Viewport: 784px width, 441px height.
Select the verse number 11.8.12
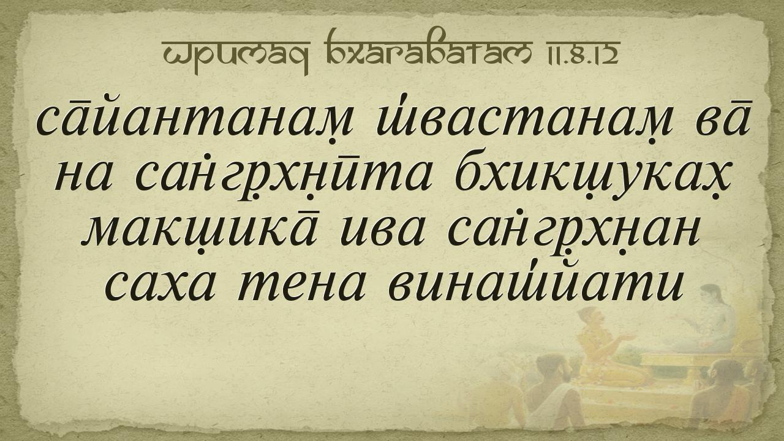click(x=581, y=53)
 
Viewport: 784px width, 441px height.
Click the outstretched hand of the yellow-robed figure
click(x=628, y=337)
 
